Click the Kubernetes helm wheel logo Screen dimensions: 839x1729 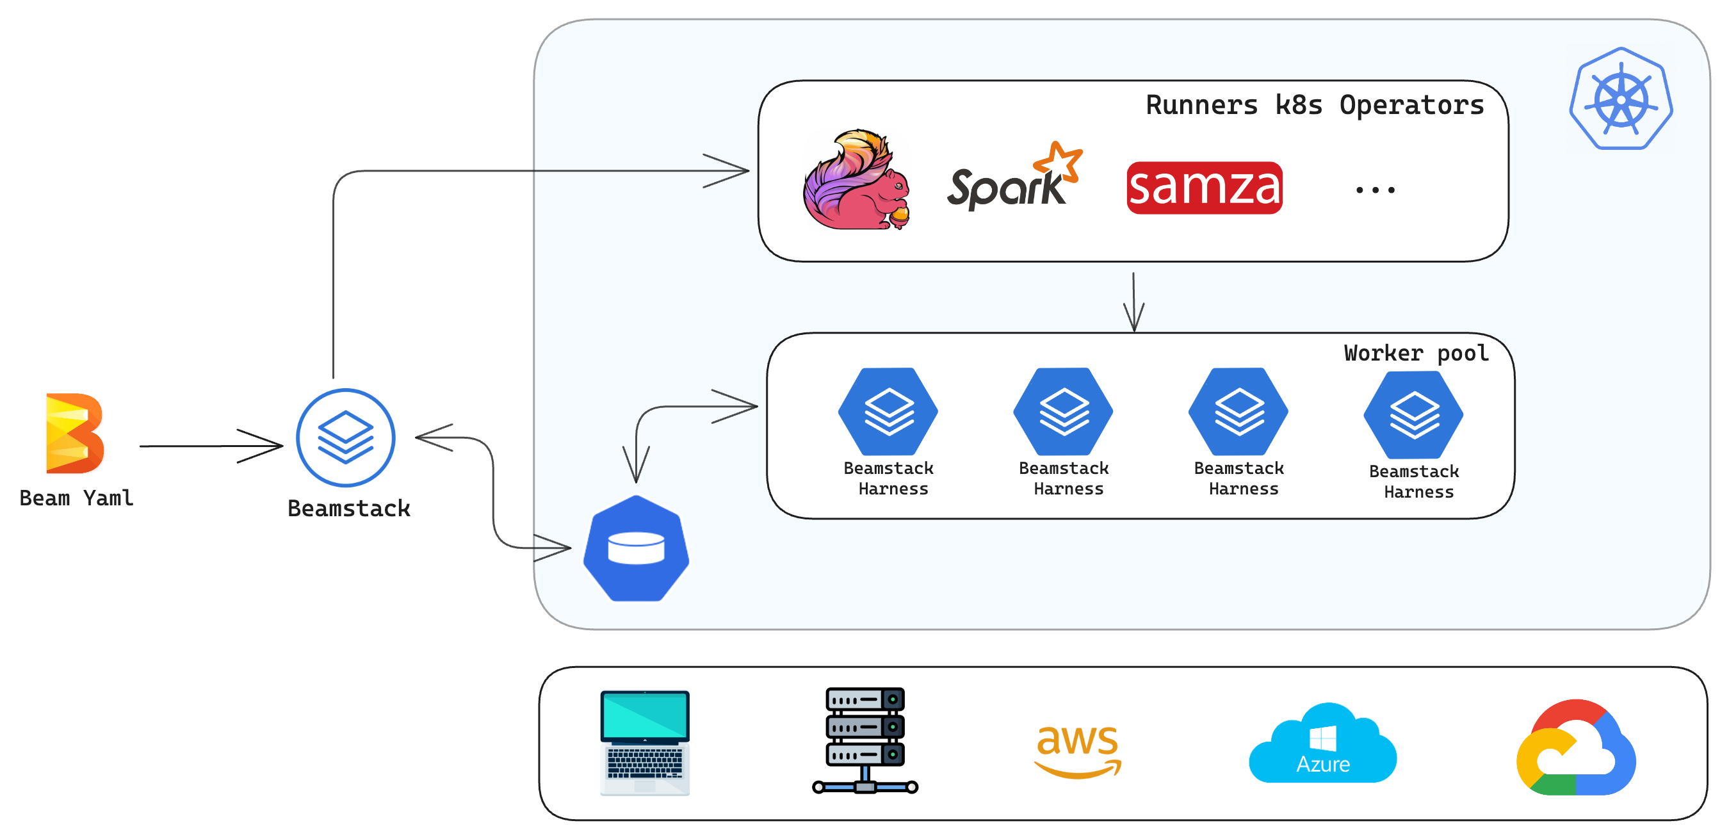click(1621, 99)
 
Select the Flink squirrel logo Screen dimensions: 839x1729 click(856, 180)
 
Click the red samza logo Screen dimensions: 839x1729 click(1204, 188)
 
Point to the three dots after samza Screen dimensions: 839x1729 click(1376, 191)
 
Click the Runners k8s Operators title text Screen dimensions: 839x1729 click(1314, 106)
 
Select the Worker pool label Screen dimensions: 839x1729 click(1416, 353)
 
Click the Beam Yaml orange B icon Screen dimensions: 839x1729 click(74, 434)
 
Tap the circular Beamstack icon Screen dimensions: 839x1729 click(346, 437)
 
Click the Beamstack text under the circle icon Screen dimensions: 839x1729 click(348, 508)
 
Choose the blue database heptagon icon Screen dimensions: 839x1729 click(636, 548)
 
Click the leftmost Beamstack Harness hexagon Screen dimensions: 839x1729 click(888, 411)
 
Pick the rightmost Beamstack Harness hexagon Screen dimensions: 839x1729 click(1413, 415)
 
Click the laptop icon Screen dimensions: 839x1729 click(644, 742)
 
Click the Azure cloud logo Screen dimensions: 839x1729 click(1322, 745)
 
